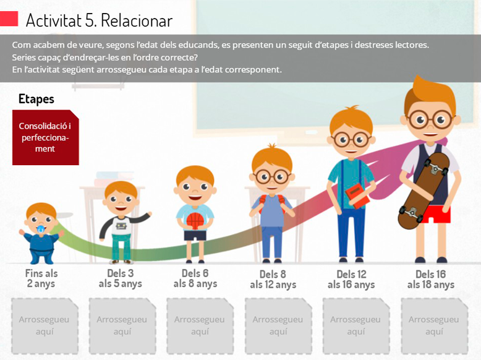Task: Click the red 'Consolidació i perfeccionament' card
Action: pos(45,137)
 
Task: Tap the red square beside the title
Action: pos(9,19)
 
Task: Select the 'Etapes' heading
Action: pos(36,99)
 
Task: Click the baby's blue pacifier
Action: pos(40,229)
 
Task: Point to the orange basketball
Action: pos(195,221)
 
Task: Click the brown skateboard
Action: pos(424,191)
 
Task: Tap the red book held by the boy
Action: pos(357,196)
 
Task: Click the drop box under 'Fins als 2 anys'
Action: pos(45,325)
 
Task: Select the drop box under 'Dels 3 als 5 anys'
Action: pos(122,325)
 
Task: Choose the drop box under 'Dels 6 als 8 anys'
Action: pos(200,325)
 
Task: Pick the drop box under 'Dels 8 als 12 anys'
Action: pos(278,325)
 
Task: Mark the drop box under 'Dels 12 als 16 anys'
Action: pos(356,325)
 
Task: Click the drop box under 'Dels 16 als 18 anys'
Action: pos(435,325)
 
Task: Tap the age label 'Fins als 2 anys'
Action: pos(41,278)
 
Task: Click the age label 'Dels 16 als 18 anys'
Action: pos(431,280)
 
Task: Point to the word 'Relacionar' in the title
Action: pos(137,20)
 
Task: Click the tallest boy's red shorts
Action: pos(439,214)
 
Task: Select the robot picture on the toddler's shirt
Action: pos(121,226)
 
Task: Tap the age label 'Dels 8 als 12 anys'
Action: pos(273,280)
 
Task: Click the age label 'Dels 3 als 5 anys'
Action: pos(120,278)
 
